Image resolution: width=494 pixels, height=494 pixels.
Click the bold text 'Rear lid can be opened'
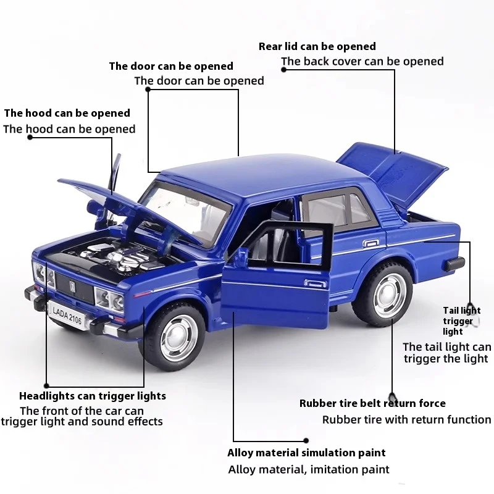pyautogui.click(x=317, y=46)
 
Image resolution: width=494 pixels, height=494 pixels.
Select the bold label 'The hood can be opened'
pyautogui.click(x=67, y=113)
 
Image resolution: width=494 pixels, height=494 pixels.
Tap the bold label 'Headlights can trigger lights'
pyautogui.click(x=93, y=396)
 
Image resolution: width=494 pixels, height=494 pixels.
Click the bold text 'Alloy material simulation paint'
pyautogui.click(x=306, y=453)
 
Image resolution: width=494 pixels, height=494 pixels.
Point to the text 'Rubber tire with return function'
pyautogui.click(x=406, y=420)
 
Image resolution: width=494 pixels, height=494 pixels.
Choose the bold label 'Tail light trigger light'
pyautogui.click(x=461, y=321)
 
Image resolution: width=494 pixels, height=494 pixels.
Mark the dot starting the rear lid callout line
pyautogui.click(x=283, y=70)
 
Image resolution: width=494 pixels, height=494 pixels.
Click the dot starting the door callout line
pyautogui.click(x=148, y=89)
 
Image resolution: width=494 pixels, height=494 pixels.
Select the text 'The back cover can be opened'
pyautogui.click(x=362, y=61)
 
